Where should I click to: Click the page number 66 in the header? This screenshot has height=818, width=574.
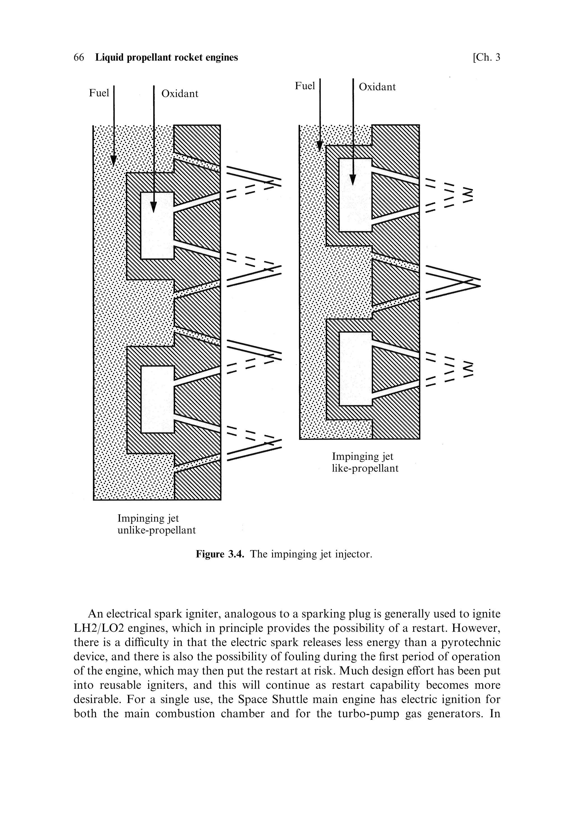79,57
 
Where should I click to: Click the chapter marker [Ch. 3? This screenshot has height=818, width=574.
486,57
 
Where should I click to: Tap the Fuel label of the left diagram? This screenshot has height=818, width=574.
99,93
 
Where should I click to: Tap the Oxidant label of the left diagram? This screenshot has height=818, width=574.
180,94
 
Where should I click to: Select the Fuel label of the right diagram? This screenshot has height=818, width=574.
305,86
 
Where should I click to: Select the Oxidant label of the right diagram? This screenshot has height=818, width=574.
377,87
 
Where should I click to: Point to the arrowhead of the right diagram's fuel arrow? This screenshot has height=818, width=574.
320,146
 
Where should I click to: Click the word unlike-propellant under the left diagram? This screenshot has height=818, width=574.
157,530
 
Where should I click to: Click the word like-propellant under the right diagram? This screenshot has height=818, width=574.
365,468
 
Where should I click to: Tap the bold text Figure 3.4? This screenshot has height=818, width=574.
220,554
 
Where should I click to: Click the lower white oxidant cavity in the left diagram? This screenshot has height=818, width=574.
157,399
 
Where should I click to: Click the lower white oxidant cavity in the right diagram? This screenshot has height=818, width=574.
355,369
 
